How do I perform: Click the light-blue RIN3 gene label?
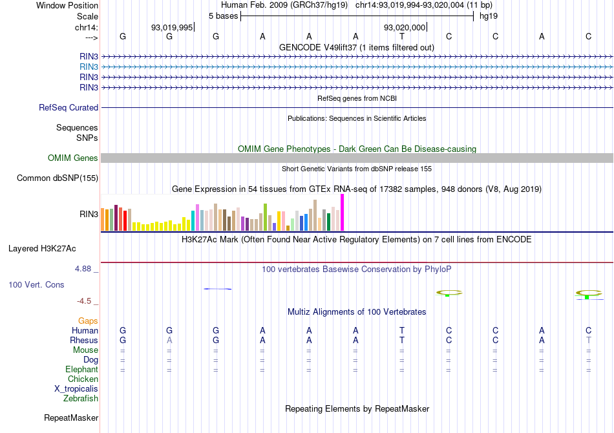pyautogui.click(x=89, y=67)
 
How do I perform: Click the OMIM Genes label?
pyautogui.click(x=73, y=158)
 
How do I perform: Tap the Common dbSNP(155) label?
pyautogui.click(x=58, y=178)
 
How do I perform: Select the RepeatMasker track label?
pyautogui.click(x=70, y=418)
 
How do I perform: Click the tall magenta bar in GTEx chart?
pyautogui.click(x=342, y=212)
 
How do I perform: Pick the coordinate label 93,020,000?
pyautogui.click(x=405, y=27)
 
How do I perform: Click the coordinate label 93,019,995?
pyautogui.click(x=172, y=27)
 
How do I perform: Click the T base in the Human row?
pyautogui.click(x=402, y=331)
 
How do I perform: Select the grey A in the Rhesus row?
pyautogui.click(x=169, y=341)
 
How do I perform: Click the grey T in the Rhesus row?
pyautogui.click(x=588, y=341)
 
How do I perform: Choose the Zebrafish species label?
pyautogui.click(x=81, y=399)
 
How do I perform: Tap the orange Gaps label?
pyautogui.click(x=88, y=321)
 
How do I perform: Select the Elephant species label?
pyautogui.click(x=81, y=370)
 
